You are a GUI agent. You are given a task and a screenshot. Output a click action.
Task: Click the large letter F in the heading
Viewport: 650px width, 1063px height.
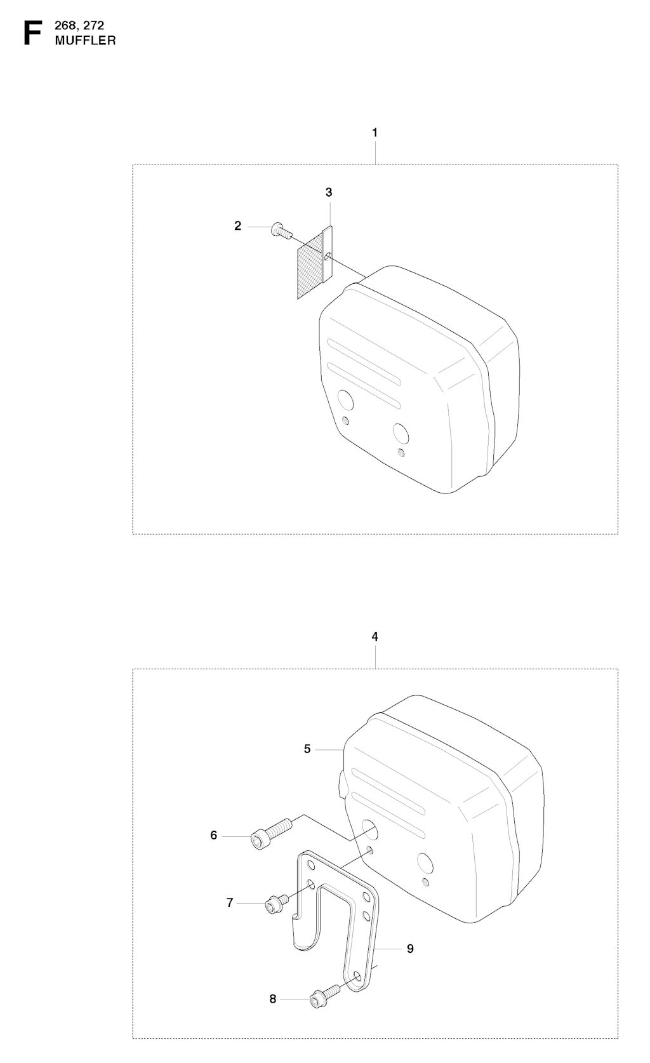32,33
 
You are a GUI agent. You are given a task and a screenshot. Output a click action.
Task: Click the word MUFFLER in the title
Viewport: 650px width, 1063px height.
86,41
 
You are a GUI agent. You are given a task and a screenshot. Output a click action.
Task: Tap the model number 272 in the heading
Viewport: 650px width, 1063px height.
93,25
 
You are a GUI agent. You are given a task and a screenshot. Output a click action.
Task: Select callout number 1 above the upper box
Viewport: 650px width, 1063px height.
375,133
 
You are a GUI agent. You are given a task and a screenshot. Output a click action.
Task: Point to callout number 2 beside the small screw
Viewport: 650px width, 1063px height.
237,226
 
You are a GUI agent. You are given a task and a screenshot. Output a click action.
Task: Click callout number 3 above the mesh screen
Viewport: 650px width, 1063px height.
329,192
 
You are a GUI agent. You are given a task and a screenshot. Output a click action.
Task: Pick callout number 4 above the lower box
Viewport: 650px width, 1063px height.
375,636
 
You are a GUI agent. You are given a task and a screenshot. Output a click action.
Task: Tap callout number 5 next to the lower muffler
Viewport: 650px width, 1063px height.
307,749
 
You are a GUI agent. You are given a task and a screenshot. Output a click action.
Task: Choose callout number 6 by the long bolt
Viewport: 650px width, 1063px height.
213,835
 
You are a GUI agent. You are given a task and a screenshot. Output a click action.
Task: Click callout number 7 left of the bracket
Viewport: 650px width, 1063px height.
230,902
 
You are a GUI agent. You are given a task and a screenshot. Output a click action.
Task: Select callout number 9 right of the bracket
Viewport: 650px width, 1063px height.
411,949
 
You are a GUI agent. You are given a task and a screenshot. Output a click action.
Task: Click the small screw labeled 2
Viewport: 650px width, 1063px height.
281,232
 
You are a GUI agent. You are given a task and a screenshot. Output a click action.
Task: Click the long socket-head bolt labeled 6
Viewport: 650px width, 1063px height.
271,833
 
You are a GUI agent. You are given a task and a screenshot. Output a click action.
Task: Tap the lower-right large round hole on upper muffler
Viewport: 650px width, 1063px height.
401,434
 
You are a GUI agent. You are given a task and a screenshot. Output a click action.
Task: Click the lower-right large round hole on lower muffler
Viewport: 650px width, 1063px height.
425,863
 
